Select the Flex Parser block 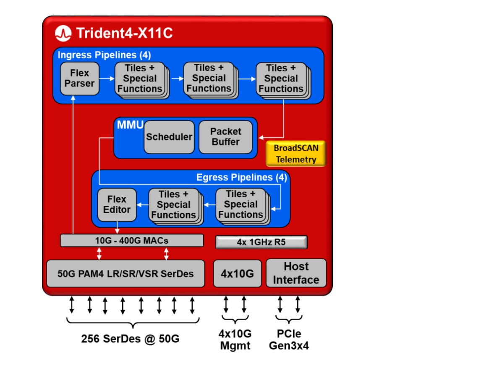[x=79, y=79]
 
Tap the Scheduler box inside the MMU [x=169, y=137]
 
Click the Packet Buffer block [x=225, y=137]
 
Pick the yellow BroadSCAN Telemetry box [x=295, y=153]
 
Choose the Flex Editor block [x=117, y=205]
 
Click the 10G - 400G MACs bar [x=132, y=241]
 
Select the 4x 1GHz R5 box [x=261, y=242]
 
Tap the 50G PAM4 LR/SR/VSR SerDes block [x=125, y=274]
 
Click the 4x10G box [x=237, y=274]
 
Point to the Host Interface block [x=296, y=273]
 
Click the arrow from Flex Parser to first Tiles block [x=107, y=78]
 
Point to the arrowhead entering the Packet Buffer [x=261, y=137]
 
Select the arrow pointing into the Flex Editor [x=142, y=205]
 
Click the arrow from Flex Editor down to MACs [x=117, y=228]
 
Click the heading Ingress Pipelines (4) [x=104, y=55]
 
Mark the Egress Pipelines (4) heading [x=241, y=177]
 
